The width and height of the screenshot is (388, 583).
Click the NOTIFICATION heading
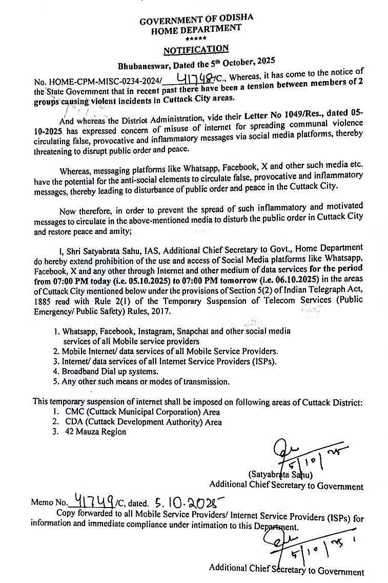coord(196,50)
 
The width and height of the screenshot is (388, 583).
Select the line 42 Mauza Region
coord(94,432)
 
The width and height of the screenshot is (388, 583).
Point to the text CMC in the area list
coord(71,412)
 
